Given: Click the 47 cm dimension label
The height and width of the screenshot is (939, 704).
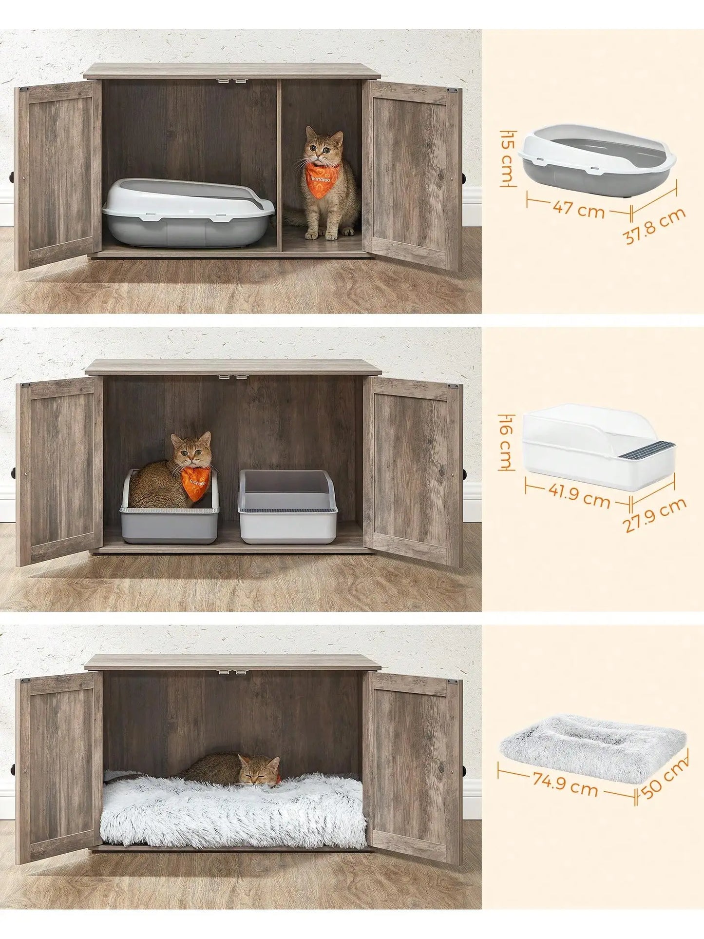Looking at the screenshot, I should pyautogui.click(x=578, y=209).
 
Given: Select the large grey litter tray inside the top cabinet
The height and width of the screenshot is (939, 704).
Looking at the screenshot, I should pyautogui.click(x=188, y=213).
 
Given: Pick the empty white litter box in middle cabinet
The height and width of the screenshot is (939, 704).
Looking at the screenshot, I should pyautogui.click(x=287, y=507).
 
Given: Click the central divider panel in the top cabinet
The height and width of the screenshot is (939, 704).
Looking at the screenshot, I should pyautogui.click(x=279, y=166).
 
